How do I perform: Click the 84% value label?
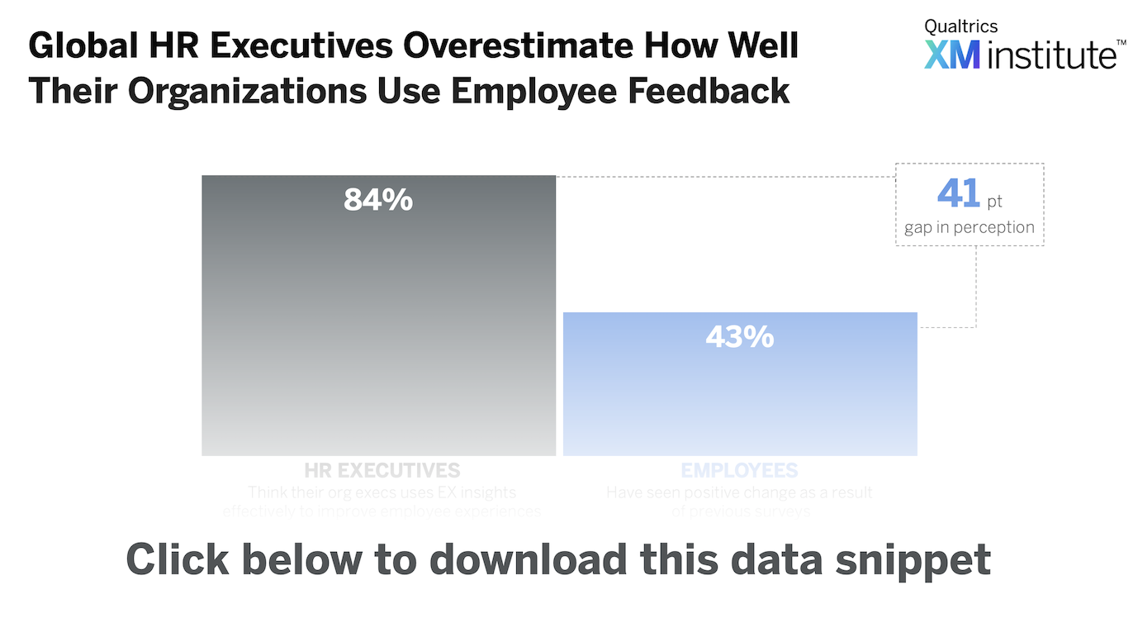[x=378, y=200]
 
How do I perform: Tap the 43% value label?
[x=739, y=337]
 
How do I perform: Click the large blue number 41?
[x=957, y=194]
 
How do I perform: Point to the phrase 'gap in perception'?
[x=970, y=227]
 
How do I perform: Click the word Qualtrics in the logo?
[x=960, y=26]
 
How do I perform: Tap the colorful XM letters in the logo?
[x=952, y=55]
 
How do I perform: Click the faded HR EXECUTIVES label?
[x=382, y=471]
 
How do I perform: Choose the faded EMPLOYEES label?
[x=739, y=471]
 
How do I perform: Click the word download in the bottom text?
[x=528, y=559]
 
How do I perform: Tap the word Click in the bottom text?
[x=176, y=559]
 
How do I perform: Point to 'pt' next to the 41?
[x=995, y=201]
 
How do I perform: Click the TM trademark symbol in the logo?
[x=1121, y=42]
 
